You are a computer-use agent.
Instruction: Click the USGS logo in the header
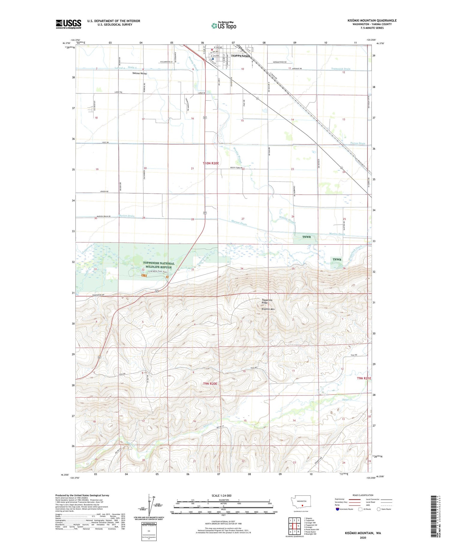[x=68, y=24]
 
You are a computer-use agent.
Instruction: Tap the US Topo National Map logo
[x=223, y=26]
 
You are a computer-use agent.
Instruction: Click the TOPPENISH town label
[x=240, y=56]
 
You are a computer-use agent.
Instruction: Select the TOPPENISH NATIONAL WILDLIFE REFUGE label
[x=158, y=265]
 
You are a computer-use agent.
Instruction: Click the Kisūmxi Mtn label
[x=268, y=309]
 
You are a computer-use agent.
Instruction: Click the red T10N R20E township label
[x=211, y=163]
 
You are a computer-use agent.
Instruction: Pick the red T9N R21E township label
[x=364, y=378]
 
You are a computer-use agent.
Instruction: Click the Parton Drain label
[x=358, y=143]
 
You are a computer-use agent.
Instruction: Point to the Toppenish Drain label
[x=340, y=69]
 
